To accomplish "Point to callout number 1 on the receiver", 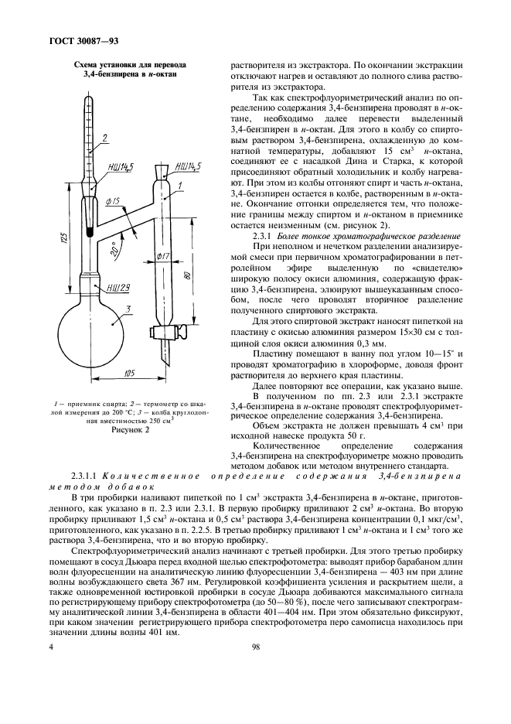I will click(180, 185).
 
